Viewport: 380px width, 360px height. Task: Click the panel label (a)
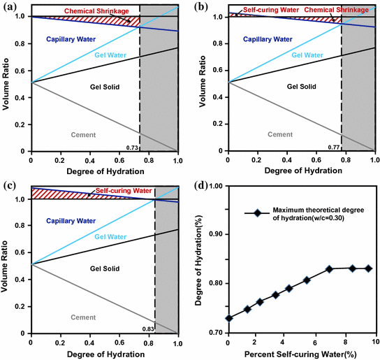click(x=10, y=8)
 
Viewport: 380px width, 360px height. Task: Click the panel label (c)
click(x=10, y=185)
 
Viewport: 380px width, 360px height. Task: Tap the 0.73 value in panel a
click(x=132, y=147)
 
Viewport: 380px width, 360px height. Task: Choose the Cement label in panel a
click(x=83, y=134)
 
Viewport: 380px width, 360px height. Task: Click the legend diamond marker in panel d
click(x=258, y=214)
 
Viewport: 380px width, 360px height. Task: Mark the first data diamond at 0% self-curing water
click(x=228, y=318)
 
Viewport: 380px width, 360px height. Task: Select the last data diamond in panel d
click(x=369, y=268)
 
